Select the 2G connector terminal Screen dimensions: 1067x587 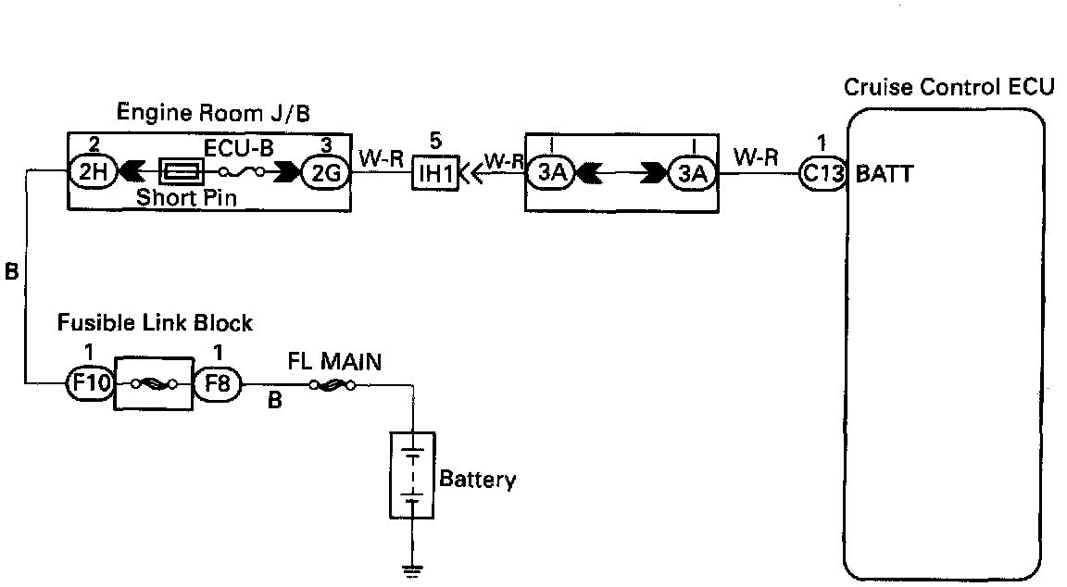[x=325, y=173]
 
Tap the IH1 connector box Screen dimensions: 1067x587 [x=435, y=173]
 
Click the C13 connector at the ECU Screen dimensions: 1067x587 [x=822, y=173]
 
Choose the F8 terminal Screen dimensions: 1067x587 [x=218, y=383]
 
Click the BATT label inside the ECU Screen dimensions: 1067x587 [x=884, y=174]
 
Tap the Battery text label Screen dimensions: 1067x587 [x=478, y=480]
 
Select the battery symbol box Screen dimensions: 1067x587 [x=412, y=475]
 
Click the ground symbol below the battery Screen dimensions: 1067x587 [x=411, y=570]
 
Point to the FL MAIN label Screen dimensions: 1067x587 [x=334, y=361]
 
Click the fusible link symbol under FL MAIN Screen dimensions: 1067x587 [x=333, y=386]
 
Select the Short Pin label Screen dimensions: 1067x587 [x=186, y=198]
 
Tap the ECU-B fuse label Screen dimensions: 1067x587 [x=239, y=149]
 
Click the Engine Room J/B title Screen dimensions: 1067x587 [x=213, y=112]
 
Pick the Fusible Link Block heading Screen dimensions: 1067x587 [x=155, y=322]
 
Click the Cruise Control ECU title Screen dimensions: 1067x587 [x=948, y=87]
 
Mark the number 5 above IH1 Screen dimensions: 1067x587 [x=435, y=141]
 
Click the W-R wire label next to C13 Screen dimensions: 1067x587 [x=756, y=157]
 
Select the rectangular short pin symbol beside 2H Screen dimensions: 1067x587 [x=181, y=172]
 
